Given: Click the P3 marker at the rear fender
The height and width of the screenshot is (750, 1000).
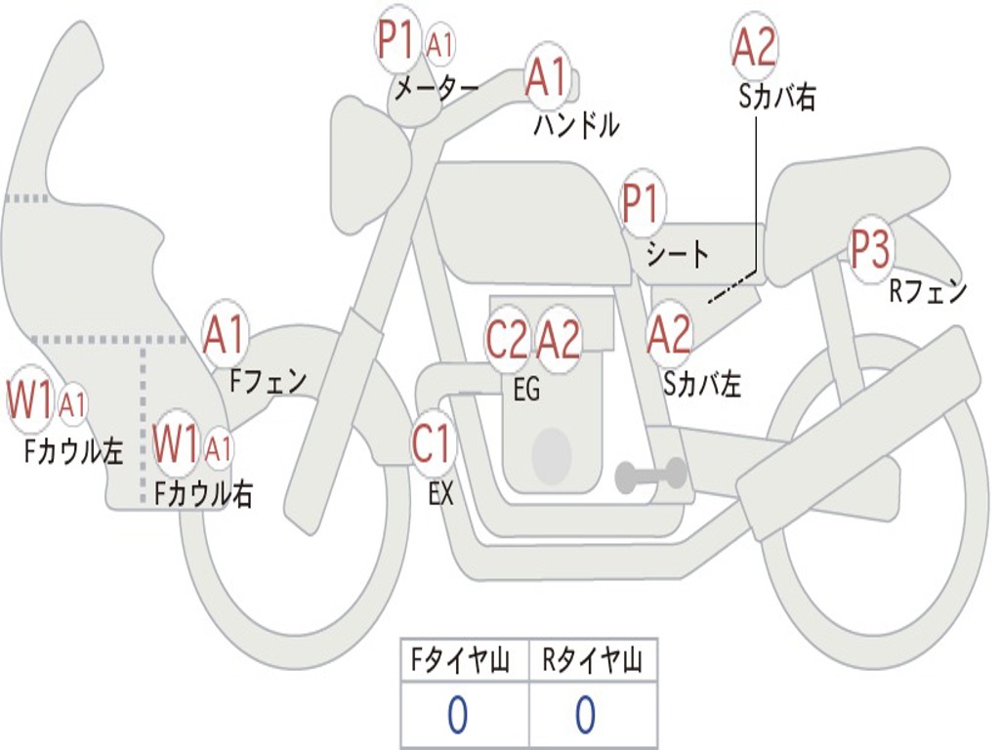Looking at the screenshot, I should coord(869,250).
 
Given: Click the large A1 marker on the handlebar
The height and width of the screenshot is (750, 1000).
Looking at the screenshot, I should coord(546,77).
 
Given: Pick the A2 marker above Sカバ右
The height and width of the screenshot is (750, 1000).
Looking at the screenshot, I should coord(754,46).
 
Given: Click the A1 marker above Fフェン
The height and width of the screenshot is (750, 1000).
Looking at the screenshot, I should coord(226,335).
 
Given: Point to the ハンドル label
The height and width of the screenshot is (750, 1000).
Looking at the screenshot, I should coord(576,125).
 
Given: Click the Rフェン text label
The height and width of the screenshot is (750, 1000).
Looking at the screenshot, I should coord(927,290).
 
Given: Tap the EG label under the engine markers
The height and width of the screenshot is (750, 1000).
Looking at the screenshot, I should coord(526,390).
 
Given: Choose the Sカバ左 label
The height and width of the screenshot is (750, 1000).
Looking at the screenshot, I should coord(702,384).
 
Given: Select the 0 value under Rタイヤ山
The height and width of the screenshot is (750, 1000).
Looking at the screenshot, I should coord(585,716).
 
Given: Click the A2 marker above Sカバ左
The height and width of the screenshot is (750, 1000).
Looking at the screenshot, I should coord(670,335).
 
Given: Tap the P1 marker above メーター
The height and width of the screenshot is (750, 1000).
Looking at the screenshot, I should coord(396,41).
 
